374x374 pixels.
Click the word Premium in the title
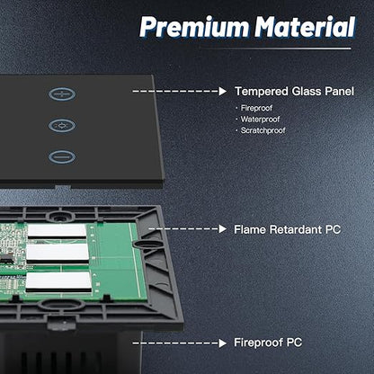click(x=194, y=27)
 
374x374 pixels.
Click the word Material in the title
click(x=306, y=26)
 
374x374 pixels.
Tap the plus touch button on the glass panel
click(x=62, y=94)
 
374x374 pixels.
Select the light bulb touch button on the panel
click(x=62, y=125)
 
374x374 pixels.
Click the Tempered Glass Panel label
click(x=294, y=92)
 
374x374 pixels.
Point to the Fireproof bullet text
click(x=256, y=108)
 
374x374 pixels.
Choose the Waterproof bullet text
click(x=260, y=120)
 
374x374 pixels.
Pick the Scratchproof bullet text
click(x=263, y=130)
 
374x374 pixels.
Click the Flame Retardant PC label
click(x=287, y=229)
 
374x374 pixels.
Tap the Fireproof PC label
click(x=268, y=343)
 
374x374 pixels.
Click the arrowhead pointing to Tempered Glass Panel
click(x=223, y=92)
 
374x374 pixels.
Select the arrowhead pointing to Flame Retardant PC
click(x=223, y=229)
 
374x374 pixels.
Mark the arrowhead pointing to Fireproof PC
click(x=223, y=343)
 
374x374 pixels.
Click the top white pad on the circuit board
click(x=57, y=231)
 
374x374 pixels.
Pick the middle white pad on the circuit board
click(x=58, y=253)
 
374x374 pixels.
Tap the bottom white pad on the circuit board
click(x=58, y=281)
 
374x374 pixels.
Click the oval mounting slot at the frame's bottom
click(x=62, y=304)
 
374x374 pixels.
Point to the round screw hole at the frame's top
click(x=58, y=216)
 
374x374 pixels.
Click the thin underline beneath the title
click(x=275, y=48)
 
